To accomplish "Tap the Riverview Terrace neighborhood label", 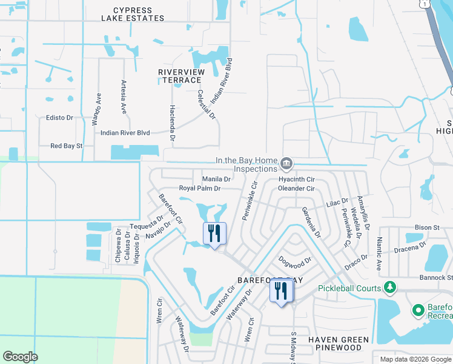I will click(180, 76).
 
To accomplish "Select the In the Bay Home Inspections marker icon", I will click(286, 164).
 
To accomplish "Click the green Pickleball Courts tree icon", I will click(391, 288).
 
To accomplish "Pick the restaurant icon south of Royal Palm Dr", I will click(214, 234).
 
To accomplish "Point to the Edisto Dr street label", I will click(59, 118).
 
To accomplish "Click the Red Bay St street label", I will click(66, 146).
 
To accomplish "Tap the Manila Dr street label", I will click(216, 179).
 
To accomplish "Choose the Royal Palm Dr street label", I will click(200, 189).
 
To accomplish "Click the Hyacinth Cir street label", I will click(296, 180).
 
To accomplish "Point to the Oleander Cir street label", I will click(296, 189).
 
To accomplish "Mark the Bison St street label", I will click(427, 227).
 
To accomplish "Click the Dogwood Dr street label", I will click(294, 261).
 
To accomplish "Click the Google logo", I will click(20, 357).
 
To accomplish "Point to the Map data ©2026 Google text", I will click(415, 359).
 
